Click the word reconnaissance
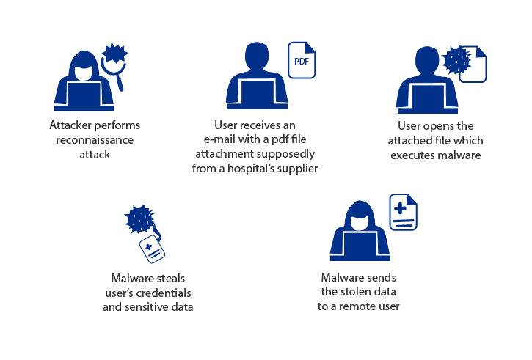[95, 139]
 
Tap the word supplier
[296, 169]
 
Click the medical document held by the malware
[152, 249]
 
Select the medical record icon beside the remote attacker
[401, 212]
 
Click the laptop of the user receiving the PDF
[250, 94]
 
